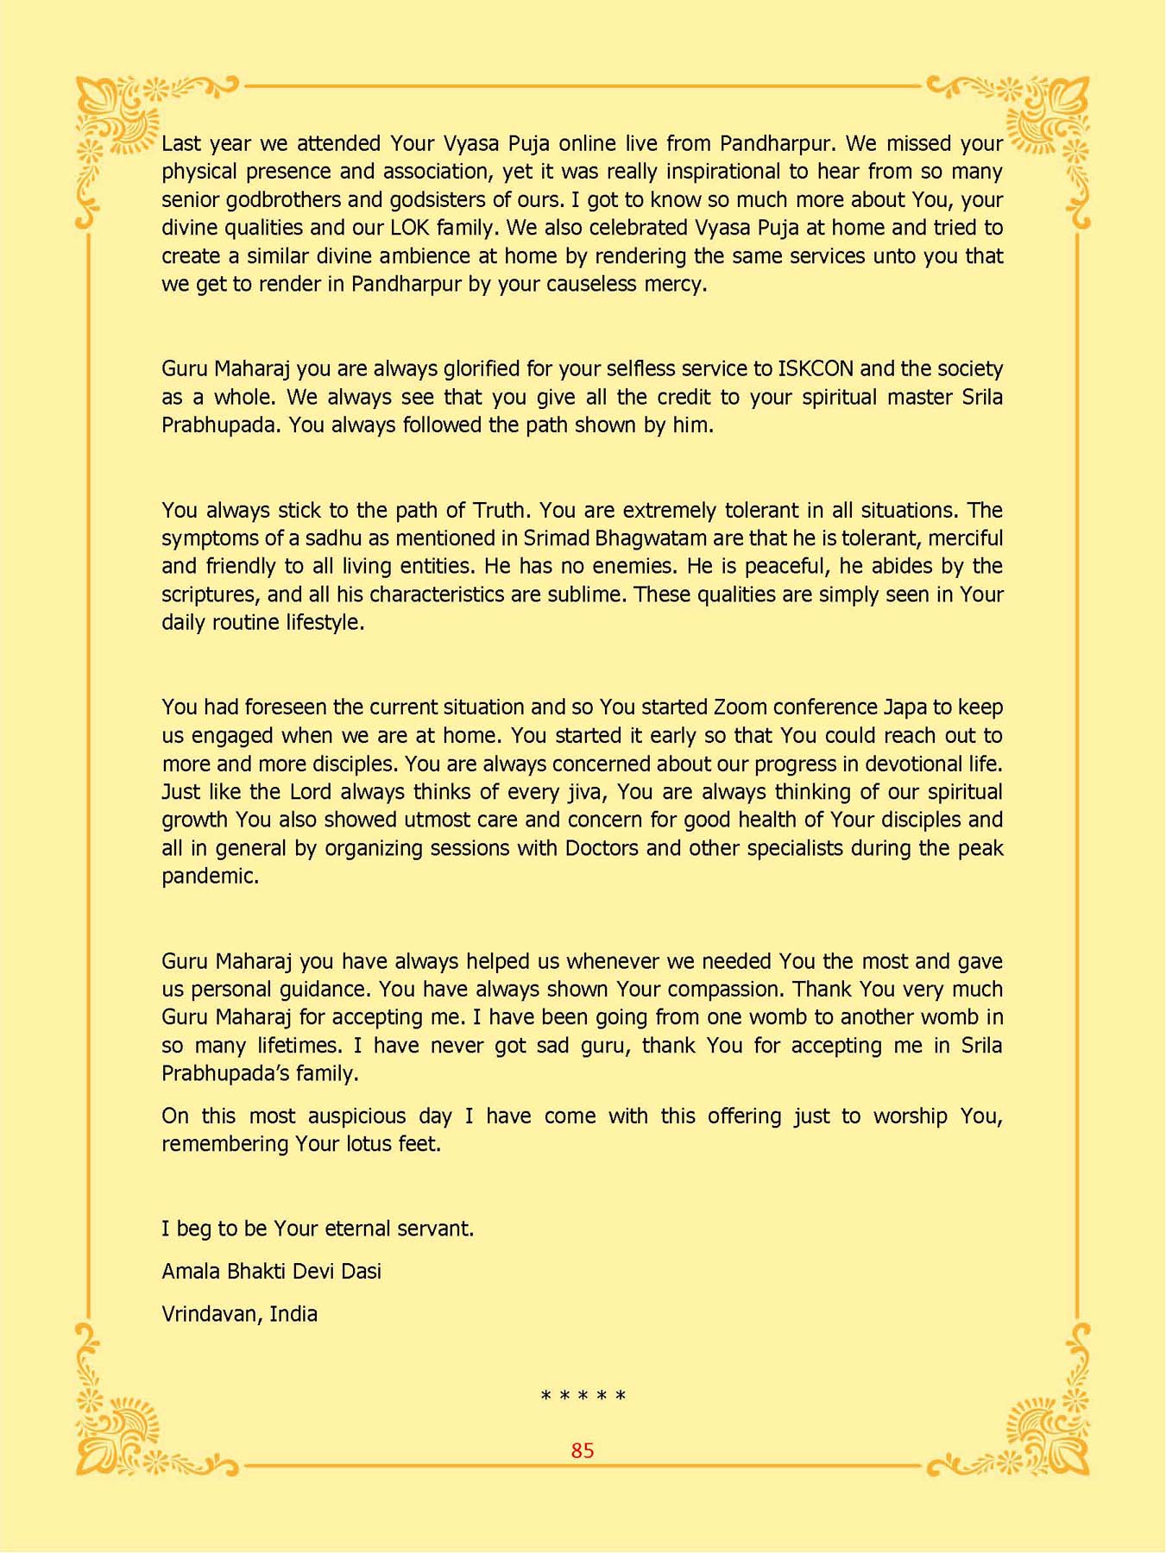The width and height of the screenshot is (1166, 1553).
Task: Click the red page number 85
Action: point(583,1450)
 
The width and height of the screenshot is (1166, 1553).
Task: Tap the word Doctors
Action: point(602,848)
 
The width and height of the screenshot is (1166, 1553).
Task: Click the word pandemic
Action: point(210,877)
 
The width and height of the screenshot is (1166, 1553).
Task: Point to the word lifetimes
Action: point(298,1046)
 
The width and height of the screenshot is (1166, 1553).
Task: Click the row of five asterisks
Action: point(583,1396)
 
